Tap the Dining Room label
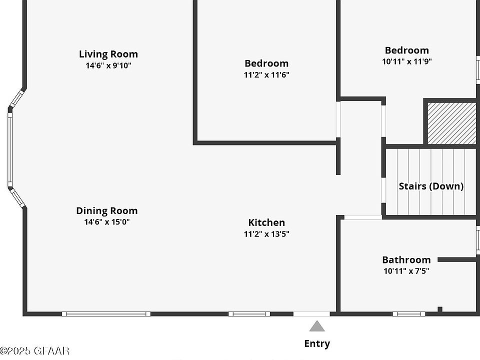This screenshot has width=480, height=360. (106, 210)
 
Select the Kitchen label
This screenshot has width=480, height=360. (266, 222)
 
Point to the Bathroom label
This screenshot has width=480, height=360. (406, 259)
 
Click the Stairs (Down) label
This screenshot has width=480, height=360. (431, 186)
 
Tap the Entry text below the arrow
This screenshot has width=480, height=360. (317, 343)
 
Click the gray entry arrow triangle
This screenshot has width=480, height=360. (317, 327)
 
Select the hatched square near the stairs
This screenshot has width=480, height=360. (451, 123)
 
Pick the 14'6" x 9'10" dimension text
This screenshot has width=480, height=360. (108, 65)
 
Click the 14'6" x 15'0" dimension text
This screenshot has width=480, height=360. (106, 222)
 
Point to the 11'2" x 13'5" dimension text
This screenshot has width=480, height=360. (266, 234)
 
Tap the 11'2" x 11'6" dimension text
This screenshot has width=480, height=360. (266, 75)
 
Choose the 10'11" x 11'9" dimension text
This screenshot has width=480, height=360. (406, 62)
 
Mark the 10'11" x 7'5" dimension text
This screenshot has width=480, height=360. (406, 271)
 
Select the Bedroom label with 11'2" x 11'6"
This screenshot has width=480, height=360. (266, 63)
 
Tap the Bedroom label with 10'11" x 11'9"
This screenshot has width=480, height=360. (406, 50)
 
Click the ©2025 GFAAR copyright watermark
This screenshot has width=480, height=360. (34, 351)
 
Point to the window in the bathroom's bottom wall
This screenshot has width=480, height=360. (408, 314)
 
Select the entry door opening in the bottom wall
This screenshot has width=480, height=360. (311, 314)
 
